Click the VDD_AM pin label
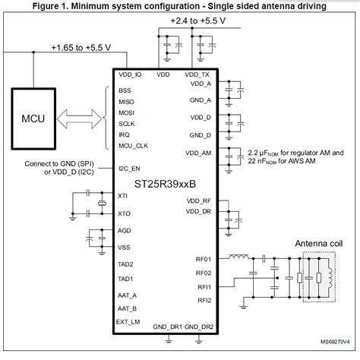pyautogui.click(x=199, y=153)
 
